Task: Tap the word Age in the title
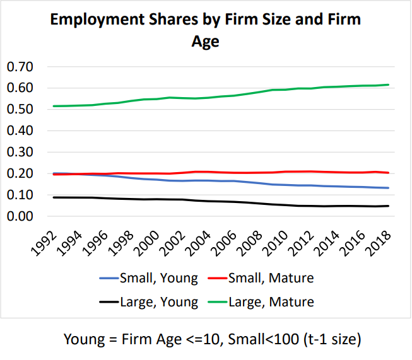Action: (x=205, y=42)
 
